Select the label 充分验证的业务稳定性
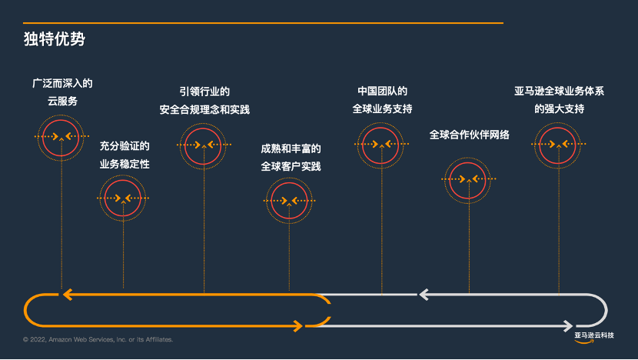(x=125, y=155)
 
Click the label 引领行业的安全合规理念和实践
(x=204, y=100)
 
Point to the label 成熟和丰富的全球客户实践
(x=291, y=157)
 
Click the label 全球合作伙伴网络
(x=469, y=135)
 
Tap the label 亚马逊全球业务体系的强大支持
(x=559, y=99)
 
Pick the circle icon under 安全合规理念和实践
(x=204, y=145)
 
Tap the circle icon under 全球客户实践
(x=289, y=201)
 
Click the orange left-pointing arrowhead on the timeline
(x=67, y=294)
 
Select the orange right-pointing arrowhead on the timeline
(x=297, y=326)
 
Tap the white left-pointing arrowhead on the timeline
(x=423, y=294)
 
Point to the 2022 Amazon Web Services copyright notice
(x=98, y=339)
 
